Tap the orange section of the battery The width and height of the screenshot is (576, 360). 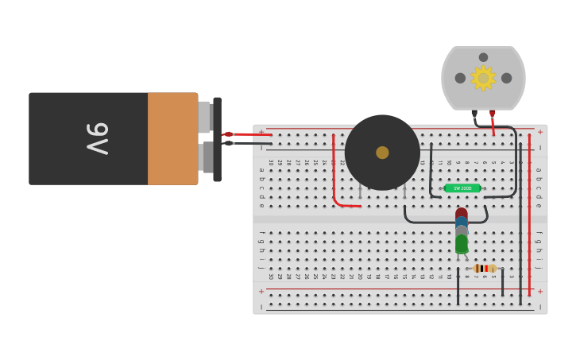(172, 138)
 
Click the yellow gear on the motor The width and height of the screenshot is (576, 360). (483, 78)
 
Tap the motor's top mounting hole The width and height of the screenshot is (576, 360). (483, 57)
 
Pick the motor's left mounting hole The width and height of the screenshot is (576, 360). (460, 78)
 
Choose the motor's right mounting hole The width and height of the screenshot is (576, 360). (506, 78)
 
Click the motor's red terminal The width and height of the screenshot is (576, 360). (492, 113)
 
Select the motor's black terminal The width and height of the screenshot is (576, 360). (474, 113)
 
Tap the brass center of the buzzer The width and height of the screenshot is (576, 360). (382, 153)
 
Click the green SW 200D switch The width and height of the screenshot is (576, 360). (462, 188)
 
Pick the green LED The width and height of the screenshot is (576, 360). (462, 243)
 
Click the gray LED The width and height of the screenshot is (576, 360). (462, 230)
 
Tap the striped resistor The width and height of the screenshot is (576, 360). (484, 269)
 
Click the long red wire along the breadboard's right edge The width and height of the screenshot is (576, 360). (529, 215)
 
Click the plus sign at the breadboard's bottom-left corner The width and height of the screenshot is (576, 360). (261, 291)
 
